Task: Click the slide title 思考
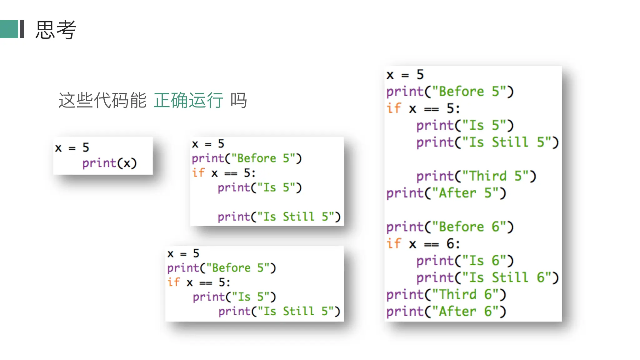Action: coord(56,30)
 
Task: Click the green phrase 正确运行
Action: coord(188,100)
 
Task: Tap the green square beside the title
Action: coord(9,29)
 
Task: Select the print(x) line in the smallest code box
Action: coord(109,163)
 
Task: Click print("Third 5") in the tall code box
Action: coord(476,176)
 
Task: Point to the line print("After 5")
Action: coord(446,193)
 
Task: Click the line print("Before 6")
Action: coord(450,227)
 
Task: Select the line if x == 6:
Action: coord(423,244)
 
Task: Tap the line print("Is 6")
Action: coord(465,261)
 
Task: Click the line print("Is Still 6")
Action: coord(487,277)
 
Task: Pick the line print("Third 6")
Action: coord(446,294)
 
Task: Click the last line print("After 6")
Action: coord(446,311)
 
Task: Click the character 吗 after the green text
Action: coord(239,100)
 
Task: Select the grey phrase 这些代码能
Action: coord(102,100)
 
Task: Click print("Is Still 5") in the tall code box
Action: coord(487,142)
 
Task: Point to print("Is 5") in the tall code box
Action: coord(465,126)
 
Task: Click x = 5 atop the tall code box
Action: coord(405,75)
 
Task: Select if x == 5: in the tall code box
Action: coord(423,109)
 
